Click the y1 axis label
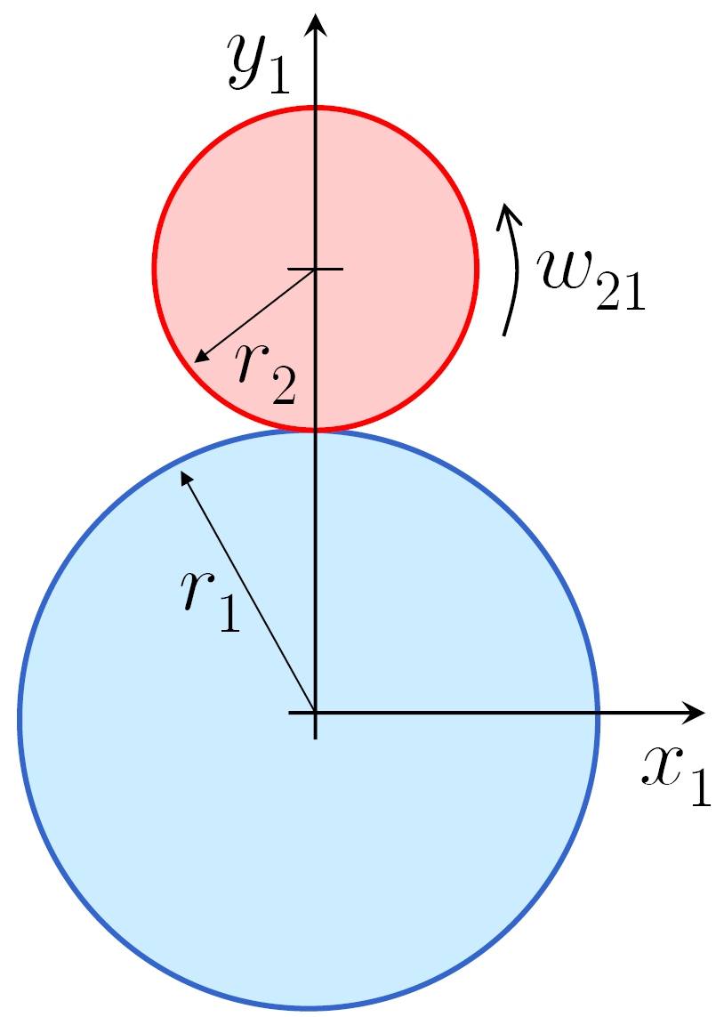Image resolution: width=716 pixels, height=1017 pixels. (259, 64)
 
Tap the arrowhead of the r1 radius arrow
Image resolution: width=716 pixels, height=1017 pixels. (185, 477)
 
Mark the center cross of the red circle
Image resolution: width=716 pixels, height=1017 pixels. (315, 269)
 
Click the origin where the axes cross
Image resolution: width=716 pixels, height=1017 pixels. (315, 712)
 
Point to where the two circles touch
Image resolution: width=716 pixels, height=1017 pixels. (315, 431)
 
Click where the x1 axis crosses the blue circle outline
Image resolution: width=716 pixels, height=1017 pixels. (597, 712)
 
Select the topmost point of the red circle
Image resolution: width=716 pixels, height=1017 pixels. (315, 108)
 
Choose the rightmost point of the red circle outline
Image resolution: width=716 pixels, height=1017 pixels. (477, 269)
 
